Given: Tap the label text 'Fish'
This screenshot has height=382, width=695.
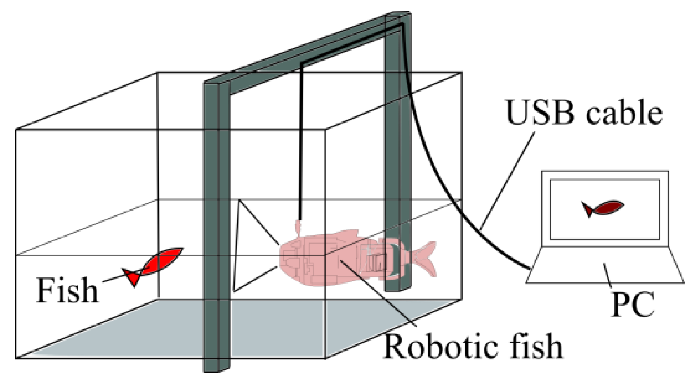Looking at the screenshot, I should click(67, 290).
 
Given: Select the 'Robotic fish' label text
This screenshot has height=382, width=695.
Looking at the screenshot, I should click(473, 346).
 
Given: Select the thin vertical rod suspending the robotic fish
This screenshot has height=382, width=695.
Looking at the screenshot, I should click(301, 144).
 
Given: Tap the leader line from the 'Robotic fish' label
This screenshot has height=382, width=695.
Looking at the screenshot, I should click(377, 292).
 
